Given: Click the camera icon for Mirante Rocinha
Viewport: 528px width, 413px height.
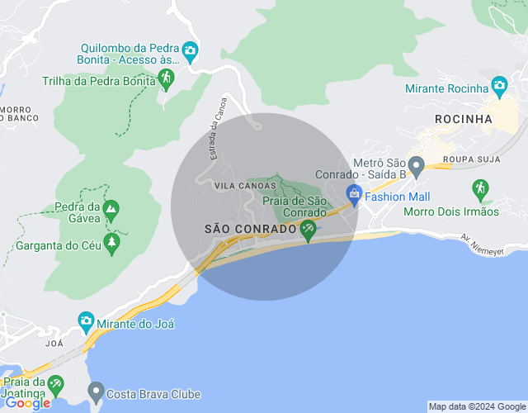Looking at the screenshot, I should coord(499,85).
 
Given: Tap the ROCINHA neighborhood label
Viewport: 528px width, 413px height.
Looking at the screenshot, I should coord(463,119).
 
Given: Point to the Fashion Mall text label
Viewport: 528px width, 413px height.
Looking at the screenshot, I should coord(398,197).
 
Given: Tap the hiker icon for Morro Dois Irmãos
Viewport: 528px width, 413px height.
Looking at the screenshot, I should coord(480,189).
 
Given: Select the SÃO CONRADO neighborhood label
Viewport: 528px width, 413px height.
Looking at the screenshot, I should coord(250,229).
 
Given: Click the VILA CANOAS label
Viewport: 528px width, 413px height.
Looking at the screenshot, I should coord(239,187).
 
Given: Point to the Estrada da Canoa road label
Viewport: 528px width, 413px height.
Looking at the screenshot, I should coord(216,135).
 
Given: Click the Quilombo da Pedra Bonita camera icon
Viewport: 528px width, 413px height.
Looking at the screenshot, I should coord(190,52).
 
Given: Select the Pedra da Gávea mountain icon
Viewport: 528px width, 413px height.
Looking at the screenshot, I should coord(110,211).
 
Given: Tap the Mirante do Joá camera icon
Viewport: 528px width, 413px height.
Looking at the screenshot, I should coord(86,320).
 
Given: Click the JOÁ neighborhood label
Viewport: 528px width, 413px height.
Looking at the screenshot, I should coord(54,342).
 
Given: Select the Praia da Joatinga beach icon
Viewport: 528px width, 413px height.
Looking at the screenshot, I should coord(55,384).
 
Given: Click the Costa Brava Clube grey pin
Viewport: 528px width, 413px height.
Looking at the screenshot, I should coord(96,390).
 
